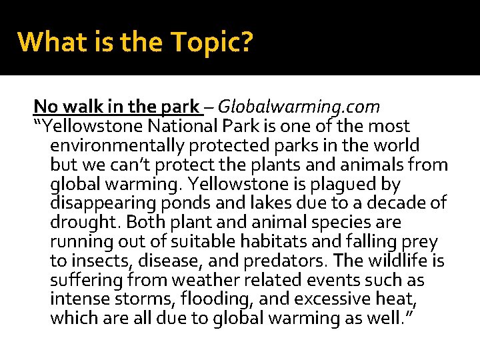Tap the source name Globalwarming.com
point(299,107)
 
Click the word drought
point(83,222)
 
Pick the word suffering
point(85,280)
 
